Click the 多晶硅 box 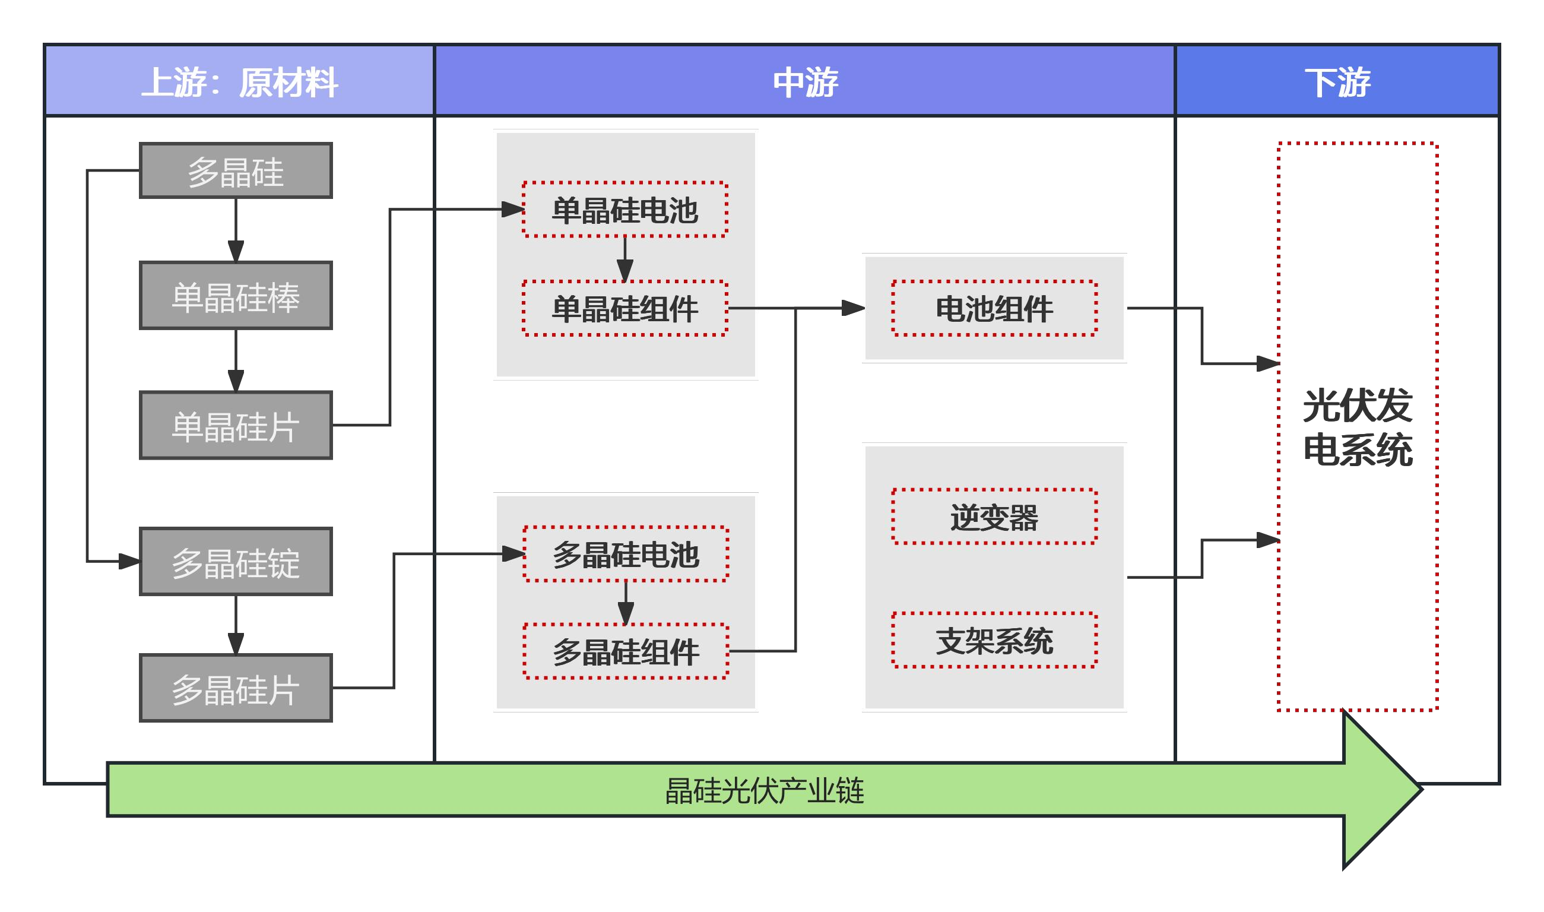pos(236,171)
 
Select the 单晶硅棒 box pos(236,296)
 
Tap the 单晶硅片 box pos(236,426)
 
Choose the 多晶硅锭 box pos(236,562)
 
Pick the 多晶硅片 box pos(236,689)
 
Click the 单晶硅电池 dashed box pos(626,210)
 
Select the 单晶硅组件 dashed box pos(626,309)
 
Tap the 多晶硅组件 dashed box pos(626,652)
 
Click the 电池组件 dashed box pos(995,309)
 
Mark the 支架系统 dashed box pos(995,641)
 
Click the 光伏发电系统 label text pos(1358,427)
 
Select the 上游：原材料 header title pos(240,83)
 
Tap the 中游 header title pos(806,83)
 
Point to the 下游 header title pos(1337,83)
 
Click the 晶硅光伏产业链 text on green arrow pos(765,791)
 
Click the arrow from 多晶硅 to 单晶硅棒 pos(236,230)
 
